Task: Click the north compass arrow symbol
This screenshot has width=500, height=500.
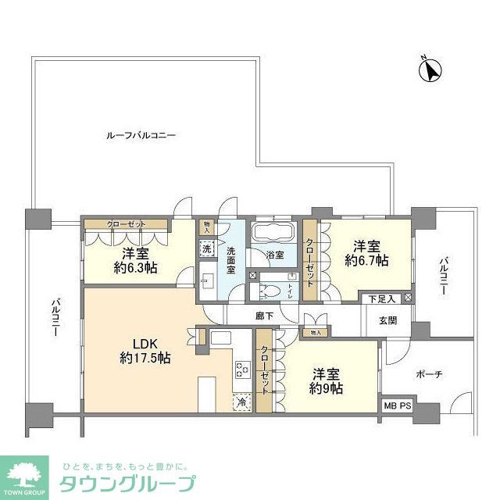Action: (429, 70)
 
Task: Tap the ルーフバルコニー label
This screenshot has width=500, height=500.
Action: (141, 135)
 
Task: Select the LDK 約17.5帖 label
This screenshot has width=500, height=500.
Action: (145, 351)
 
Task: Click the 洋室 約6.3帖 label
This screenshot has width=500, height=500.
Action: (135, 260)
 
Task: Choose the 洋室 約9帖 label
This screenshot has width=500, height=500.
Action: (327, 380)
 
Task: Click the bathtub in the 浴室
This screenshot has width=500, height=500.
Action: (271, 233)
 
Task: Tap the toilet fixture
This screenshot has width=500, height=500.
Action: (268, 288)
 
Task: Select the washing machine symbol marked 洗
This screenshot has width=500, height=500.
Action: (207, 248)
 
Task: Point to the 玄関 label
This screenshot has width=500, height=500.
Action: (388, 320)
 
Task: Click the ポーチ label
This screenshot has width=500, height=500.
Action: (429, 374)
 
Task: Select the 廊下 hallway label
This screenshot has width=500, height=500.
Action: (265, 316)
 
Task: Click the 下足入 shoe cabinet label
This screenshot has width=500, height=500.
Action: (382, 298)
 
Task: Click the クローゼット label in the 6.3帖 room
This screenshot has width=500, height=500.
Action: (127, 225)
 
